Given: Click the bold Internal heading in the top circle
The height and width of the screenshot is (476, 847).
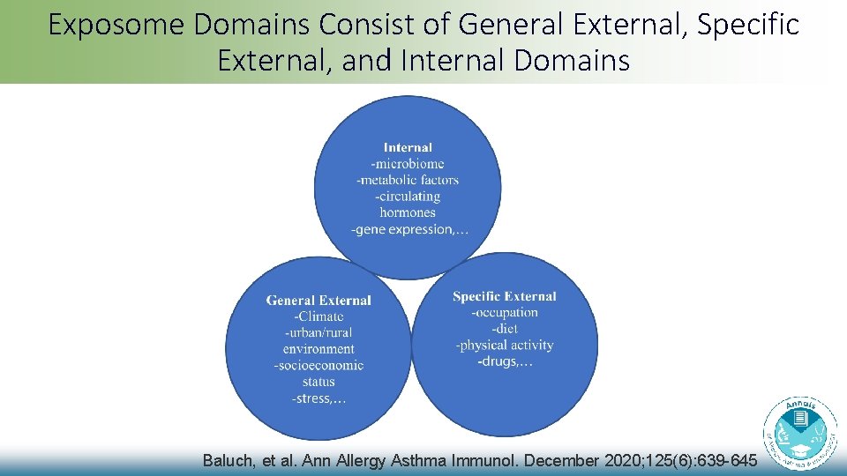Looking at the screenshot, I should (408, 147).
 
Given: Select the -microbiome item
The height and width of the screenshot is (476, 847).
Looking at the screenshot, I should (408, 163).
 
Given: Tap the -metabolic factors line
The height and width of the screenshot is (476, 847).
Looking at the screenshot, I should (408, 180).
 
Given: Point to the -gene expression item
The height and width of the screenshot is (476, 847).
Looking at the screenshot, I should (409, 229).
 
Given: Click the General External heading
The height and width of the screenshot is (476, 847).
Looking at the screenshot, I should (319, 301).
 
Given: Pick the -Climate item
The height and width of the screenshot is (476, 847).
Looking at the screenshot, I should (319, 316).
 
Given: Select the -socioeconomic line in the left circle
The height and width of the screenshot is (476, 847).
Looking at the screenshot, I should (319, 365).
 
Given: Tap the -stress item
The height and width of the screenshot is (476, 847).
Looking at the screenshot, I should (319, 398).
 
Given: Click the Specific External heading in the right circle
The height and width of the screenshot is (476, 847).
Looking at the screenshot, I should (505, 296).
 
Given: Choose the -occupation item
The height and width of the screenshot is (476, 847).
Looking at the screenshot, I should (505, 312).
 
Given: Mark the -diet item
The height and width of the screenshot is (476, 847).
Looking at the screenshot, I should (505, 328).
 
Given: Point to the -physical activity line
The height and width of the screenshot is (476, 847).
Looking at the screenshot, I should (505, 345).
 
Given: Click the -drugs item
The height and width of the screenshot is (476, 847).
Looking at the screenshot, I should (505, 361).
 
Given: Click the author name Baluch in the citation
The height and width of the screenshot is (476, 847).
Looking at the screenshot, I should (228, 460).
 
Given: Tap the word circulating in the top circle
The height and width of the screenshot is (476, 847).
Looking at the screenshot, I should (408, 196).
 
